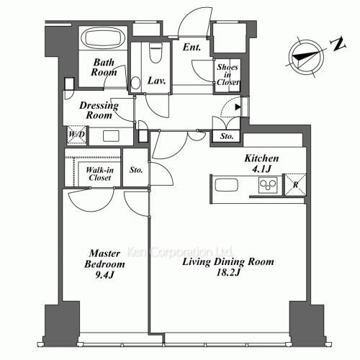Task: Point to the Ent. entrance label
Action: pyautogui.click(x=192, y=48)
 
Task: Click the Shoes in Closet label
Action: pyautogui.click(x=228, y=75)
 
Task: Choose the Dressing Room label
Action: pyautogui.click(x=98, y=109)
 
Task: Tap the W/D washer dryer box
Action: pyautogui.click(x=76, y=135)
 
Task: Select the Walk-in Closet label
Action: pyautogui.click(x=99, y=173)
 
